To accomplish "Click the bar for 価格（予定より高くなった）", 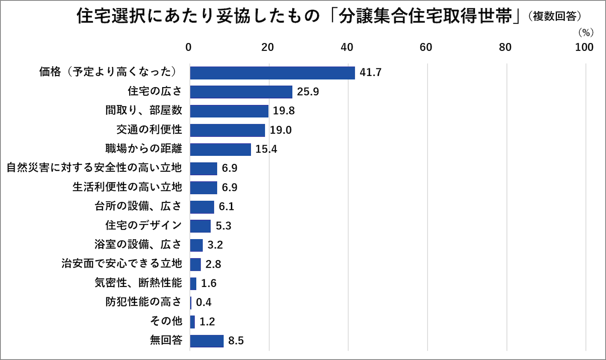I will coord(272,73).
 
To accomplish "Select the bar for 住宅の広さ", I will coord(241,92).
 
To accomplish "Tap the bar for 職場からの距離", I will coord(220,149).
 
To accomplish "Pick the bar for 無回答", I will coord(207,341).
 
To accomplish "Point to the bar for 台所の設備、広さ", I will coord(202,207).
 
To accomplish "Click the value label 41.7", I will coord(370,73).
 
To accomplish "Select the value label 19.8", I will coord(284,111).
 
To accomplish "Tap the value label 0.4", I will coord(204,302).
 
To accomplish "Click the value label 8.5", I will coord(236,341).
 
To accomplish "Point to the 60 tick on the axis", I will coord(426,47).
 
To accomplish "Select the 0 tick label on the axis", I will coord(188,47).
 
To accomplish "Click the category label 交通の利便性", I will coord(149,129).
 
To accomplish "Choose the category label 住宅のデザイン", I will coord(143,225).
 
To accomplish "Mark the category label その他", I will coord(166,321).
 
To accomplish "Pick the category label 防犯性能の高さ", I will coord(143,301).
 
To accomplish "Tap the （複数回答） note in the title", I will coord(554,16).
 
